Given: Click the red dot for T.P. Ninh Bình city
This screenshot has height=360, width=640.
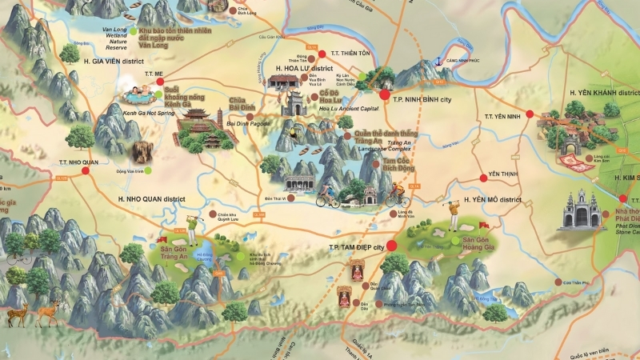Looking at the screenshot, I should coord(385,95).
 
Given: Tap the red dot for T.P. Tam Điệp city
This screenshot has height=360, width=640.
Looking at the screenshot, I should coord(391,246).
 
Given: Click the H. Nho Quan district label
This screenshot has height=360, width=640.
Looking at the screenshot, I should coord(151,198).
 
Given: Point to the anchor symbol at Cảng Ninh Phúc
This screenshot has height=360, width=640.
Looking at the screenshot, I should coord(438,62).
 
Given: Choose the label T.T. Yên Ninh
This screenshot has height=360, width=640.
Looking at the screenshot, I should coord(502,116).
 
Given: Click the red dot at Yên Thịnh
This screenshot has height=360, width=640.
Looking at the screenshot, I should coord(482,177).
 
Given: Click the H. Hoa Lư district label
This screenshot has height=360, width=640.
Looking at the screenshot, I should coord(304,69).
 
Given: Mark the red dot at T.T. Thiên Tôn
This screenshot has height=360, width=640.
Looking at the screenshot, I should coord(322,54).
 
